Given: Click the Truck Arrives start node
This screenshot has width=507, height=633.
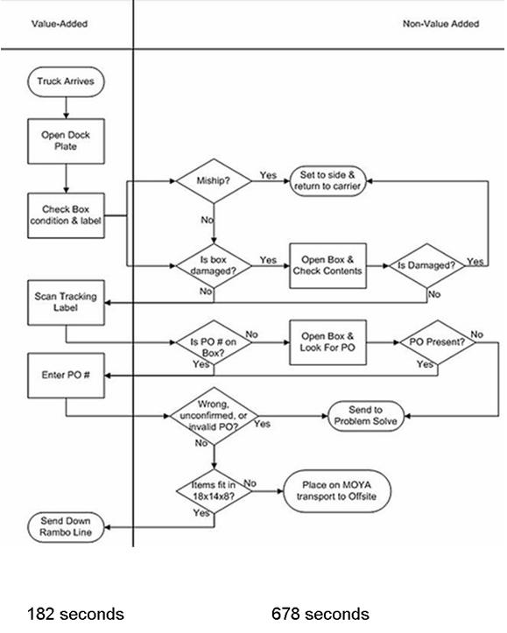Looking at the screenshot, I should pos(66,82).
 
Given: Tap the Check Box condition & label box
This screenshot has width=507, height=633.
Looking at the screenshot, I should pos(66,215).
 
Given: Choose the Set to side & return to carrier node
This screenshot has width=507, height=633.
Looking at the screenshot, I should pos(327,182).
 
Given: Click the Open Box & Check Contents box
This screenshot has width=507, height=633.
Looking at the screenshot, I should pos(327,265).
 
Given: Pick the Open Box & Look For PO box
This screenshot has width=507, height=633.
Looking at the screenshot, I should pos(327,342).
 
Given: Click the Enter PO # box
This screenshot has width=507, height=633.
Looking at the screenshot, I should pos(66,376).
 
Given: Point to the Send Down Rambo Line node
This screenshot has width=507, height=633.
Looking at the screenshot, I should pos(66,527).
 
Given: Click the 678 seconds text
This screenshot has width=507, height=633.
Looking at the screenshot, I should pos(320,614).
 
